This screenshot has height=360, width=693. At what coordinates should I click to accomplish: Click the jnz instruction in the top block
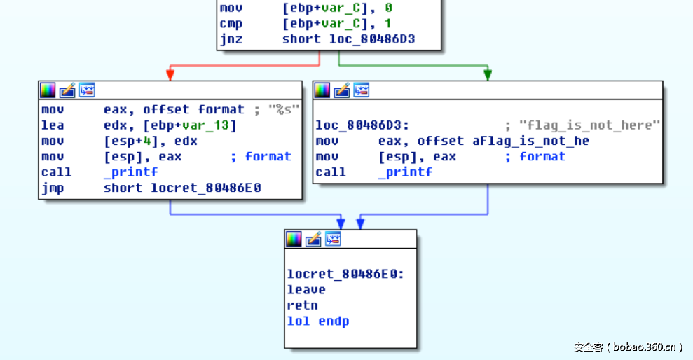(231, 39)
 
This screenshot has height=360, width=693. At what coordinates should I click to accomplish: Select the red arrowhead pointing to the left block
(170, 74)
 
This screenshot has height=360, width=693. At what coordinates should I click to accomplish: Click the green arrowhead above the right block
(488, 74)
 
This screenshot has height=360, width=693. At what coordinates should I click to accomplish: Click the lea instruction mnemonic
(52, 125)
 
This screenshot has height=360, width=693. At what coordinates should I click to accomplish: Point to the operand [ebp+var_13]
(190, 125)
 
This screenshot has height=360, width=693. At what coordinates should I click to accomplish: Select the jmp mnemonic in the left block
(52, 188)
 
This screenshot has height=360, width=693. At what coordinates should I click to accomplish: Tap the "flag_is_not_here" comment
(589, 125)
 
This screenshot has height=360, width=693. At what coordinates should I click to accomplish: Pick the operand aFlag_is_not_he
(530, 141)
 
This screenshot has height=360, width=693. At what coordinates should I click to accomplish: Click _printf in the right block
(405, 172)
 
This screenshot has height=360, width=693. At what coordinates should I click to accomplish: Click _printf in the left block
(130, 172)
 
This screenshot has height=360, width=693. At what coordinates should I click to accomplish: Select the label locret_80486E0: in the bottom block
(345, 274)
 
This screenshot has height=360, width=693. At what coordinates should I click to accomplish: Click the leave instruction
(306, 289)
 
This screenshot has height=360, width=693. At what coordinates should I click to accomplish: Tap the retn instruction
(302, 305)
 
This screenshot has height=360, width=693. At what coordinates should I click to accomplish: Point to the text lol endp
(317, 321)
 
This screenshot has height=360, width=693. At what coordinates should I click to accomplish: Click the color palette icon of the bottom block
(294, 238)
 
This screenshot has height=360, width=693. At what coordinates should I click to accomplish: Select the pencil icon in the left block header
(67, 90)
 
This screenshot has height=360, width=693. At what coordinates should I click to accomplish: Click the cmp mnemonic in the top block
(231, 24)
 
